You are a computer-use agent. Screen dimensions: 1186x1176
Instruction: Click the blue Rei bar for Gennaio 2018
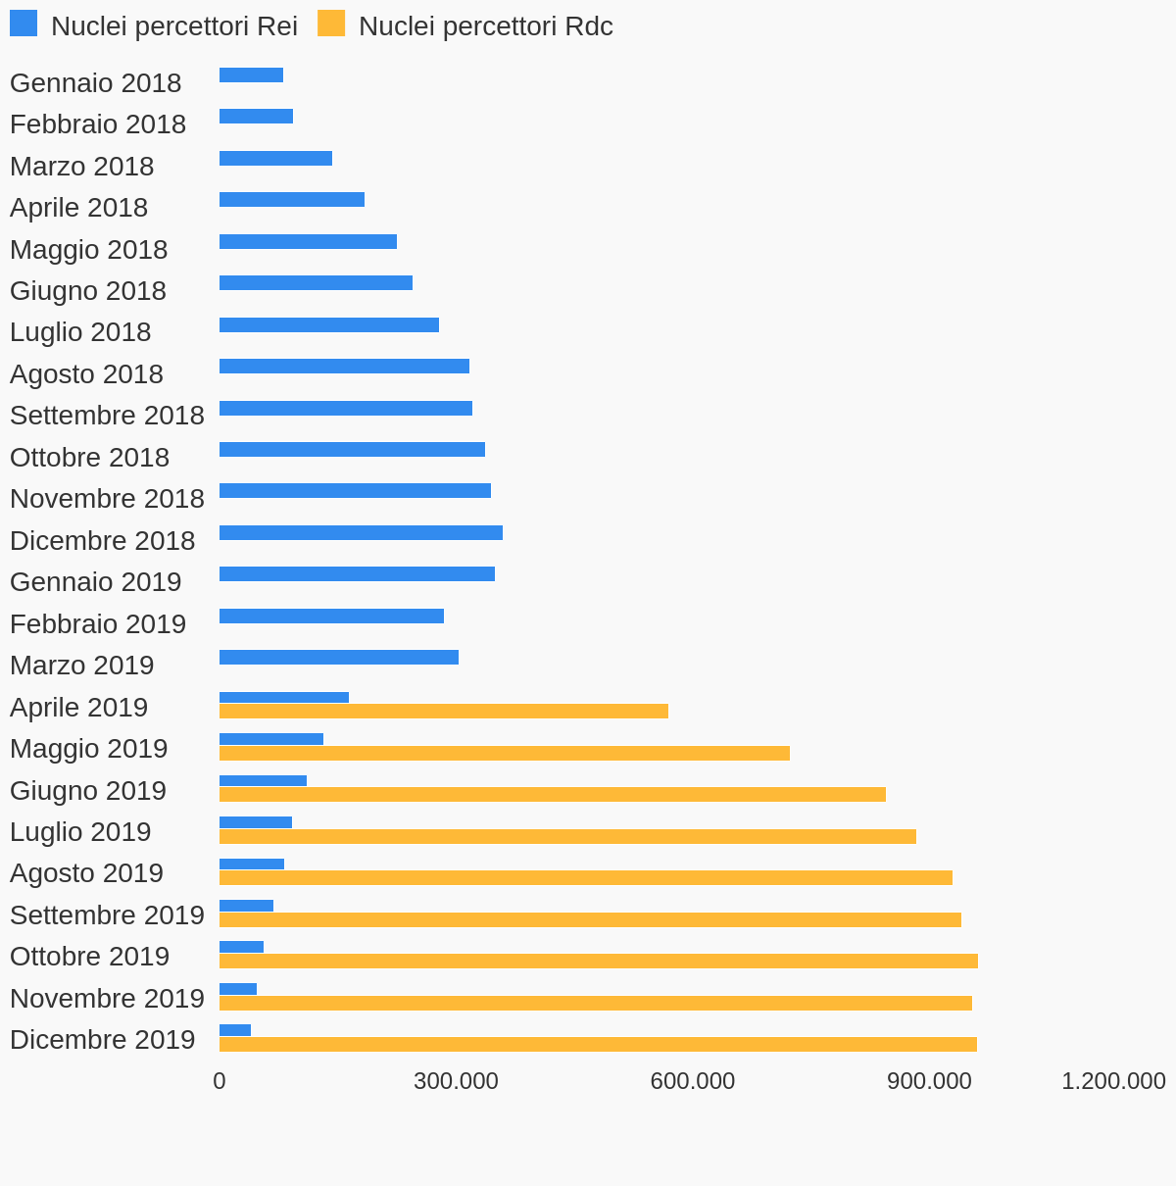click(251, 75)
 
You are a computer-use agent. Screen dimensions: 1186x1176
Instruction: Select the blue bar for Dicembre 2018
click(361, 533)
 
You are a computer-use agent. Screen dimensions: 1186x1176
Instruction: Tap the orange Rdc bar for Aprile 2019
click(444, 712)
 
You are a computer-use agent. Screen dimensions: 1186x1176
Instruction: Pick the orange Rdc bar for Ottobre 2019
click(599, 962)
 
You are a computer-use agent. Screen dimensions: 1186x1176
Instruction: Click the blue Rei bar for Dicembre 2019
click(235, 1030)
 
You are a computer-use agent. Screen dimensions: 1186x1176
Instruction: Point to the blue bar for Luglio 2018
click(329, 325)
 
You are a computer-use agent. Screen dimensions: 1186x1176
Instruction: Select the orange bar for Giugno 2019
click(553, 795)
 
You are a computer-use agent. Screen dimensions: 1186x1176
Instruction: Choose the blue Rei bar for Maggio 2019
click(271, 739)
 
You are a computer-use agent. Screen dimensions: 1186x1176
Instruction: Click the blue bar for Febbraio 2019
click(331, 617)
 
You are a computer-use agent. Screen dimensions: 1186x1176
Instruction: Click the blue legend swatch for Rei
click(24, 24)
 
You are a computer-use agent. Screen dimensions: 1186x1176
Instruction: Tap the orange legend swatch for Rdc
click(331, 24)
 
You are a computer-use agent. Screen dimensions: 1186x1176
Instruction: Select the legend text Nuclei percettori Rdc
click(485, 26)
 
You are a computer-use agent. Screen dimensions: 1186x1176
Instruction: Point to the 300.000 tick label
click(456, 1081)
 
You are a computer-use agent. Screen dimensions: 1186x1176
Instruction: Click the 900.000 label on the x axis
click(929, 1081)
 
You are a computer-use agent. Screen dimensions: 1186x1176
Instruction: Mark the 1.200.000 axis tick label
click(1113, 1081)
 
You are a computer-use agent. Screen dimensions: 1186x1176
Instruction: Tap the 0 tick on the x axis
click(220, 1081)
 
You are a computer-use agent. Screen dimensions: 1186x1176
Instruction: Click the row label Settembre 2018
click(107, 416)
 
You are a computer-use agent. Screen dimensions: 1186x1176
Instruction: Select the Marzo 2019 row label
click(82, 666)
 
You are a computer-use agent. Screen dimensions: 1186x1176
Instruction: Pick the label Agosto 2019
click(86, 873)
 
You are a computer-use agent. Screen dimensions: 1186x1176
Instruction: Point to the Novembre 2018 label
click(107, 499)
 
